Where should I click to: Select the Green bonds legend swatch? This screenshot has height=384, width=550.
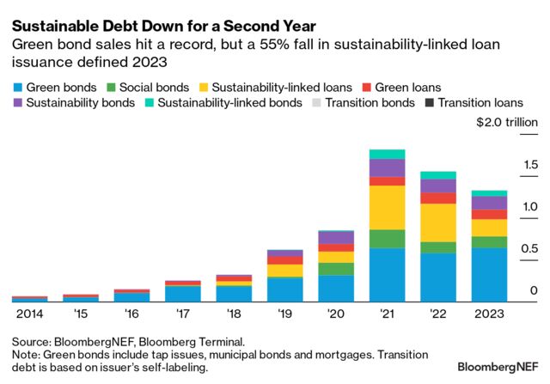17,87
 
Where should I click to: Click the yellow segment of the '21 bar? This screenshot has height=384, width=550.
387,207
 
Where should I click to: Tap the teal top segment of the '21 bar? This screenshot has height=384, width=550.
387,154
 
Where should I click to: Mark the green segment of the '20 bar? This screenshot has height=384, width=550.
335,268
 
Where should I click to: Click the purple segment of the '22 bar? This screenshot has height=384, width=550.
438,186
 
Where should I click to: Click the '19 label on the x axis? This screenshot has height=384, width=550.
284,314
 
